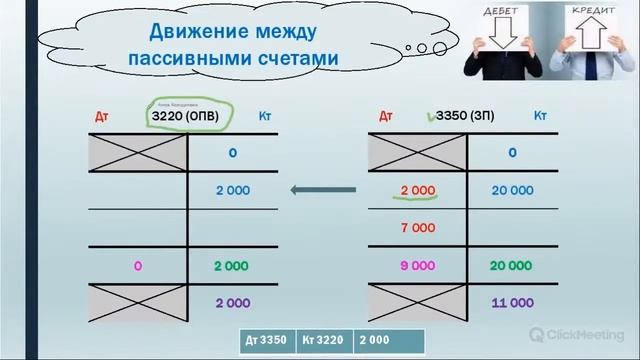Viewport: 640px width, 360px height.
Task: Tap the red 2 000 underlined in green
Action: pos(418,190)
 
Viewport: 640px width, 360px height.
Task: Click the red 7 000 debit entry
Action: pos(418,228)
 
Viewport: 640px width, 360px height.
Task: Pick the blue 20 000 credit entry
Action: pos(511,190)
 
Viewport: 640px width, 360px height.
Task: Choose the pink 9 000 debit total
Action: pos(418,266)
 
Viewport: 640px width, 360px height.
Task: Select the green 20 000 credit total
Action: pos(511,266)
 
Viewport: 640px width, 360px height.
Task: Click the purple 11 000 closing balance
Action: pos(511,301)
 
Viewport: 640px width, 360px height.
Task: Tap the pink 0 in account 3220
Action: pos(138,266)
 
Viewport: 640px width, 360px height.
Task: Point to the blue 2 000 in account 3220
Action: pos(232,190)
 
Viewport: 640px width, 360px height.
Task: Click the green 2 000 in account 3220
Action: pos(232,266)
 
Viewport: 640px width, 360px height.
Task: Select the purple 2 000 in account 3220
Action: pos(232,301)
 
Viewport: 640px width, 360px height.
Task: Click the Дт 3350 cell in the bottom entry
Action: pos(268,340)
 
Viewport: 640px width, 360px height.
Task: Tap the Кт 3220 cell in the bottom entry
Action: pos(325,340)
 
